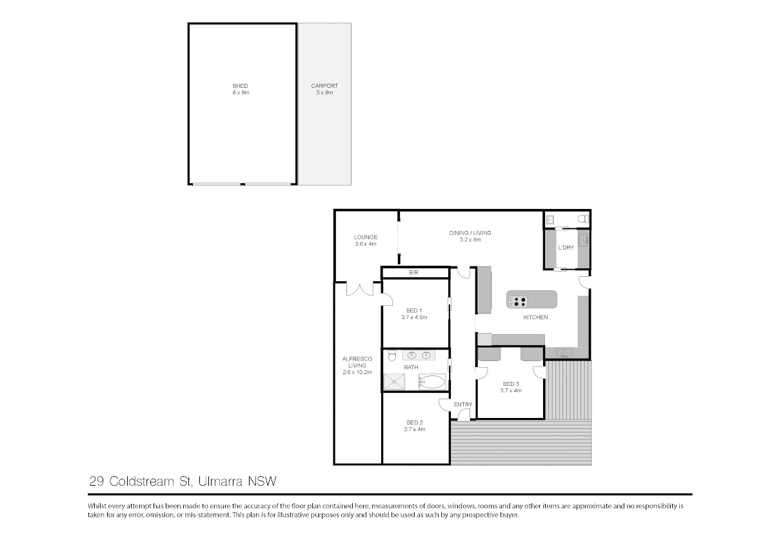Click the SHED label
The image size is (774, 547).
pyautogui.click(x=240, y=86)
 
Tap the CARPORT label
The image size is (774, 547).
pyautogui.click(x=324, y=86)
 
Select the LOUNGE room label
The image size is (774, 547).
pyautogui.click(x=366, y=237)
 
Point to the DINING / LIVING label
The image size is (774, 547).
pyautogui.click(x=470, y=233)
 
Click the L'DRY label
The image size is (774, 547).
pyautogui.click(x=566, y=248)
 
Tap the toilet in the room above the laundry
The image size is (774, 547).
pyautogui.click(x=584, y=219)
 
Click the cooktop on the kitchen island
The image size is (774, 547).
pyautogui.click(x=517, y=302)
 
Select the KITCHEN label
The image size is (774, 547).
pyautogui.click(x=535, y=317)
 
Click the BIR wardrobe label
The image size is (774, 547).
pyautogui.click(x=413, y=273)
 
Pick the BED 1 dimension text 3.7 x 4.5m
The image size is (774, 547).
pyautogui.click(x=414, y=317)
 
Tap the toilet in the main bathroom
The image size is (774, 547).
pyautogui.click(x=392, y=355)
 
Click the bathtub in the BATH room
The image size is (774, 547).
pyautogui.click(x=432, y=382)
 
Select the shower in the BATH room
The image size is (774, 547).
pyautogui.click(x=394, y=382)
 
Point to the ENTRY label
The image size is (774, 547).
pyautogui.click(x=463, y=404)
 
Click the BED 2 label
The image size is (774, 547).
pyautogui.click(x=415, y=423)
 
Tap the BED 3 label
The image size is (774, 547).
pyautogui.click(x=511, y=384)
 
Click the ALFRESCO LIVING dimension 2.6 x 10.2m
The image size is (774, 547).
pyautogui.click(x=357, y=372)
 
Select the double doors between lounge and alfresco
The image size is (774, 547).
pyautogui.click(x=360, y=290)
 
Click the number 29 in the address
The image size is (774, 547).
pyautogui.click(x=96, y=481)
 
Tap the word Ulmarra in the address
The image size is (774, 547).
pyautogui.click(x=221, y=481)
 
